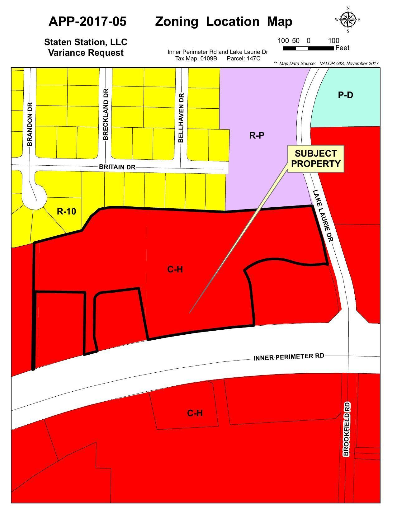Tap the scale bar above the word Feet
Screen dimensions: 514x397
(x=308, y=48)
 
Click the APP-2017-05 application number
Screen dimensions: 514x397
(x=87, y=21)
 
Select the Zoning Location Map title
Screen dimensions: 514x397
(x=224, y=21)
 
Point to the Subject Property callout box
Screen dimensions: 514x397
(x=316, y=158)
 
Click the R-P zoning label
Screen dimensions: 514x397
(x=257, y=135)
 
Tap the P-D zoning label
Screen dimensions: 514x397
(x=345, y=95)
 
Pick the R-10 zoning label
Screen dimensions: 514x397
(x=66, y=211)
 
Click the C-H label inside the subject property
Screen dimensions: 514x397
(x=175, y=269)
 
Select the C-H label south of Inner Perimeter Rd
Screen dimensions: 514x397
(x=195, y=413)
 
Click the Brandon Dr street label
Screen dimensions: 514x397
(x=30, y=124)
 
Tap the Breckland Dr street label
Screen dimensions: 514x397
(x=106, y=114)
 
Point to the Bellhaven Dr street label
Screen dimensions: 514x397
(x=181, y=118)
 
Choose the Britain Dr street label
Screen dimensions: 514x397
(x=117, y=167)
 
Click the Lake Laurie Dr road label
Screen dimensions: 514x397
(x=323, y=215)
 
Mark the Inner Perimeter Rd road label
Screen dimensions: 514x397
(x=289, y=357)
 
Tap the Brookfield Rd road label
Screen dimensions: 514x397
(x=347, y=429)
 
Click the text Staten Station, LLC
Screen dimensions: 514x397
(x=86, y=42)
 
